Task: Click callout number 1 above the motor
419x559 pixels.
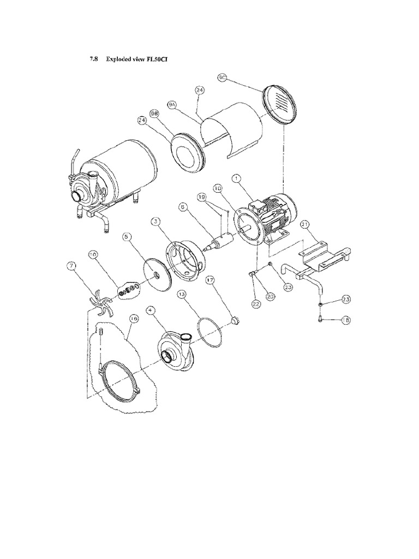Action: click(x=236, y=178)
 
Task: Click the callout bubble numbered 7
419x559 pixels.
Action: click(x=71, y=266)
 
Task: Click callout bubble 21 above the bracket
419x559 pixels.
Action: click(x=304, y=224)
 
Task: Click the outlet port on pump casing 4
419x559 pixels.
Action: click(x=185, y=338)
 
